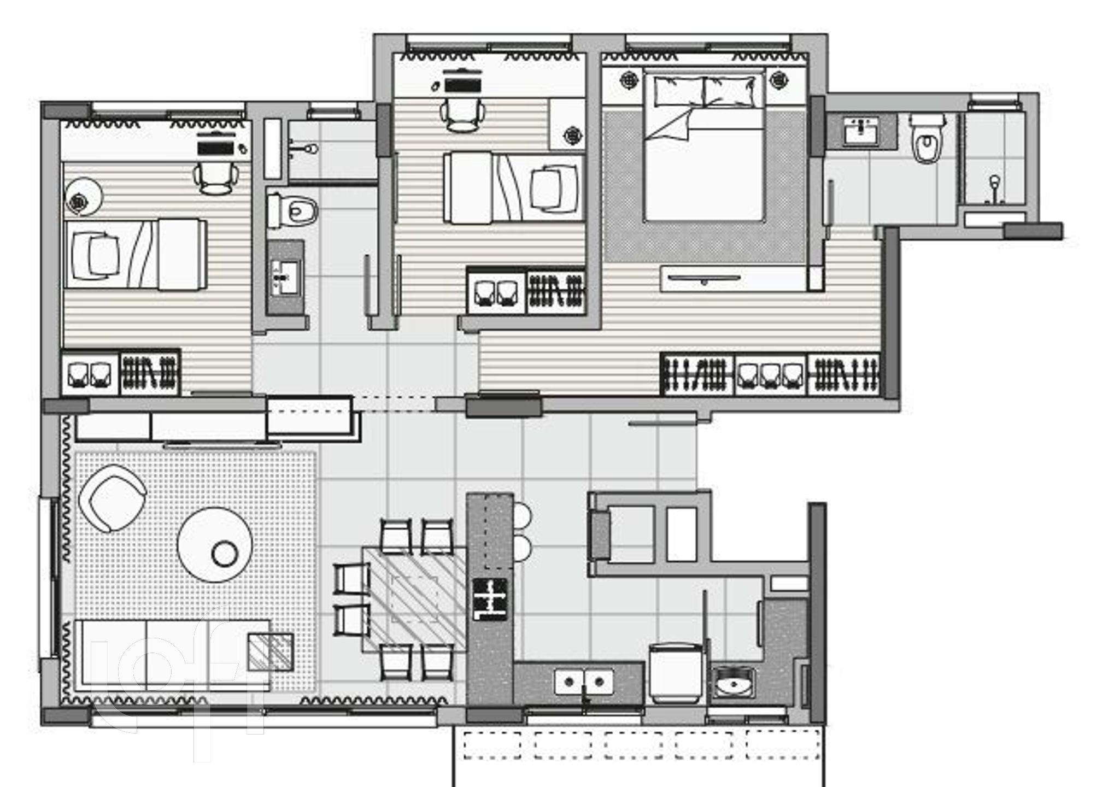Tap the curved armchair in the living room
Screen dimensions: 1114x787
112,498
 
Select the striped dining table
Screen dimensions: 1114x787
415,600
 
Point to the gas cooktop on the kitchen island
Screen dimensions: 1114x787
490,599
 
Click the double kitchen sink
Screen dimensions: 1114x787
584,682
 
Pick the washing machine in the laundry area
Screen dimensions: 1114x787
677,673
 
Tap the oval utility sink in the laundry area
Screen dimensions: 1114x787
734,682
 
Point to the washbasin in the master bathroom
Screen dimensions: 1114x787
861,131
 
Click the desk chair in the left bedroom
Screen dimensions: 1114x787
217,178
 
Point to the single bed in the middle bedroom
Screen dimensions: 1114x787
513,189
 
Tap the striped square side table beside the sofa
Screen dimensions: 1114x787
270,651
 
